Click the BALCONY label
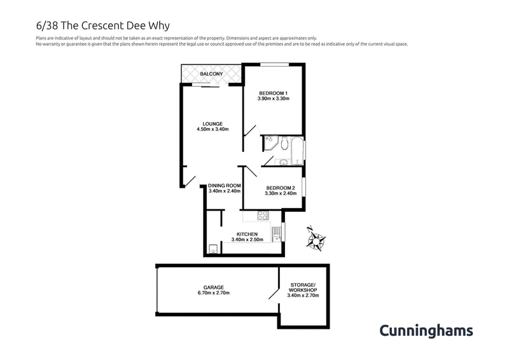[x=211, y=74]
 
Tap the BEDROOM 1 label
[x=273, y=93]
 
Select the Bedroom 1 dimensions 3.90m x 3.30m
[x=274, y=99]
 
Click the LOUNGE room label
[x=213, y=123]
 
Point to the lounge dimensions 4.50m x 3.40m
[x=213, y=129]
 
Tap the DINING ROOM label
[x=225, y=186]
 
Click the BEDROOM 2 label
[x=281, y=188]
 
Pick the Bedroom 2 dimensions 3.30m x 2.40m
[x=281, y=193]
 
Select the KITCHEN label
[x=247, y=234]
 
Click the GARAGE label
[x=214, y=287]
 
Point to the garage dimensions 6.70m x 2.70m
[x=214, y=293]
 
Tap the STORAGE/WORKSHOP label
[x=303, y=287]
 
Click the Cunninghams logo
[x=426, y=331]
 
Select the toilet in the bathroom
[x=284, y=143]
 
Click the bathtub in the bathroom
[x=297, y=151]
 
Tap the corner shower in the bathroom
[x=270, y=143]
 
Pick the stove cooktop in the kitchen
[x=263, y=216]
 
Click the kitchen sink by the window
[x=276, y=234]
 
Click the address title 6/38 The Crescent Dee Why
[x=103, y=25]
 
